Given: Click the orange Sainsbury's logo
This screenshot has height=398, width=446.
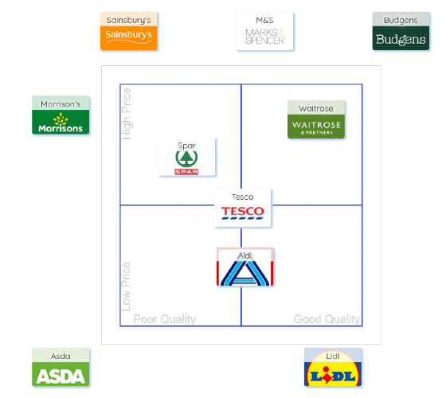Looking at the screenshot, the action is [x=128, y=38].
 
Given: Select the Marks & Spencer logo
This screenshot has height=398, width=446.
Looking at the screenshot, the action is [x=264, y=37].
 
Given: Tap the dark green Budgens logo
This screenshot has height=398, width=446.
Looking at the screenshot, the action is [x=401, y=38].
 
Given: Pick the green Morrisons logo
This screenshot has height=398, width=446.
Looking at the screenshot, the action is [x=61, y=122].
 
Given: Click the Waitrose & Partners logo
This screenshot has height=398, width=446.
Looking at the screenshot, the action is [x=316, y=127].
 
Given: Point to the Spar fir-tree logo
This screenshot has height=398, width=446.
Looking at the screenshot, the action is [x=186, y=162].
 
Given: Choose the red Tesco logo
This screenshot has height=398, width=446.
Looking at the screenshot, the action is [x=243, y=213].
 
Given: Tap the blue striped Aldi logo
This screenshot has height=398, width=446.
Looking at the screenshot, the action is [x=245, y=273].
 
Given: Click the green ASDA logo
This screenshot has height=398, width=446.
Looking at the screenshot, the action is [x=61, y=374].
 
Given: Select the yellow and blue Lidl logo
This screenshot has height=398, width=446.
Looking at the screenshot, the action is [x=333, y=374].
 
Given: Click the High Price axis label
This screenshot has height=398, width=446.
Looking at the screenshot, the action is [x=127, y=114].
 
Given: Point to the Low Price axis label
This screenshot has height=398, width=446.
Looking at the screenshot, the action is [x=126, y=287].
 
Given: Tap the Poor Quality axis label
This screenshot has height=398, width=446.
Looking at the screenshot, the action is [x=165, y=319].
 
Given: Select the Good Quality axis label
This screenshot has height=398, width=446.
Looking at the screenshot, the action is [x=327, y=319].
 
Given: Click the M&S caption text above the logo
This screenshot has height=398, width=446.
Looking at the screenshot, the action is [x=264, y=20].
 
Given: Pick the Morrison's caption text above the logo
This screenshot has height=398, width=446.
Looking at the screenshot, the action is [x=61, y=104].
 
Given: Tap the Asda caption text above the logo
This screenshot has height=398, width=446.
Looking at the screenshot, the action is [x=61, y=357].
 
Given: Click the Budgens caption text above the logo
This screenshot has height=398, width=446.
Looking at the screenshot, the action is [x=401, y=21].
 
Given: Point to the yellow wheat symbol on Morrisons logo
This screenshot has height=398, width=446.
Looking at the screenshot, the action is [x=61, y=119].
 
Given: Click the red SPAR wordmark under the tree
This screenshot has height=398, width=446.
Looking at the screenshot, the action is [x=186, y=172].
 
